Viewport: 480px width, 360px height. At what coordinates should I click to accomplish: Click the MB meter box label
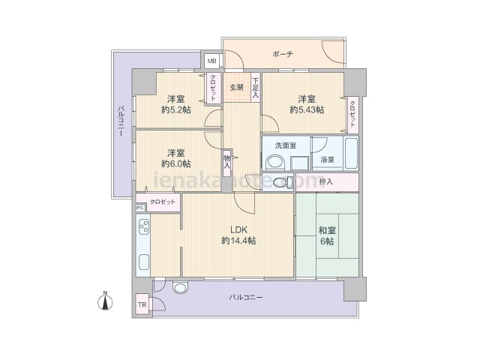pyautogui.click(x=211, y=61)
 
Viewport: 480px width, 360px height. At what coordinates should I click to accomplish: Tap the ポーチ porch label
pyautogui.click(x=283, y=54)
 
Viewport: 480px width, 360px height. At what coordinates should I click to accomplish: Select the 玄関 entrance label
pyautogui.click(x=236, y=87)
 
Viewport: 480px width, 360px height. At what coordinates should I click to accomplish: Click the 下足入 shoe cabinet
pyautogui.click(x=256, y=87)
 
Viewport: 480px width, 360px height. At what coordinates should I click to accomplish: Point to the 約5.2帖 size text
pyautogui.click(x=176, y=109)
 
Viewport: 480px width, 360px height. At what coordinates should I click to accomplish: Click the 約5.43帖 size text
pyautogui.click(x=307, y=109)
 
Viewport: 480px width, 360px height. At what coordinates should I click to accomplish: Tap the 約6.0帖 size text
pyautogui.click(x=176, y=163)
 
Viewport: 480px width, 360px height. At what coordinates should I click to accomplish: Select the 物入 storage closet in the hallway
pyautogui.click(x=227, y=163)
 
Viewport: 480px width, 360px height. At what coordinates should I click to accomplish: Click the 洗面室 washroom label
pyautogui.click(x=286, y=145)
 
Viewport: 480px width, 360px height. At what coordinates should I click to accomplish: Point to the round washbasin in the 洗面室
pyautogui.click(x=275, y=163)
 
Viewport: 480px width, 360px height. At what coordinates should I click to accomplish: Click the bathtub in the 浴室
pyautogui.click(x=351, y=153)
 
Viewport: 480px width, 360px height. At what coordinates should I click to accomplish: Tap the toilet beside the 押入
pyautogui.click(x=283, y=182)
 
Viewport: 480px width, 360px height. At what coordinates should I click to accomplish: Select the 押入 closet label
pyautogui.click(x=325, y=181)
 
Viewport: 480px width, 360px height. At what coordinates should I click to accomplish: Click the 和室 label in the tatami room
pyautogui.click(x=327, y=230)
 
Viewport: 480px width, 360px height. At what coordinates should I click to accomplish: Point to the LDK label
pyautogui.click(x=238, y=230)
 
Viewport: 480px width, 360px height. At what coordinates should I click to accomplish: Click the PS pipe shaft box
pyautogui.click(x=140, y=208)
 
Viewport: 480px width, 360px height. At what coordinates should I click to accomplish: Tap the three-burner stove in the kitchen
pyautogui.click(x=144, y=226)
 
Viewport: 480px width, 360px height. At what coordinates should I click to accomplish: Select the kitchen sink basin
pyautogui.click(x=144, y=262)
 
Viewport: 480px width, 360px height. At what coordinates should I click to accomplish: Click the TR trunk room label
pyautogui.click(x=142, y=305)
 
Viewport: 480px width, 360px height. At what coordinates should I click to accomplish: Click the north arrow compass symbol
pyautogui.click(x=105, y=301)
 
